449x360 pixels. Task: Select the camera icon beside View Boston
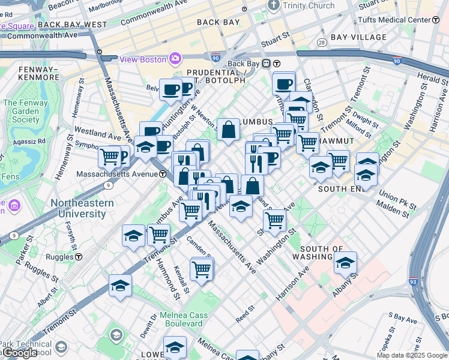(x=175, y=58)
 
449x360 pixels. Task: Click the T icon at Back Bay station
(x=277, y=64)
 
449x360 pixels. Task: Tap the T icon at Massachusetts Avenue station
(x=163, y=174)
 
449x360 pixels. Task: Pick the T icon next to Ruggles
(x=79, y=256)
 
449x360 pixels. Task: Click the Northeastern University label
(x=82, y=208)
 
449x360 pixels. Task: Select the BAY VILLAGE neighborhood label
(x=358, y=37)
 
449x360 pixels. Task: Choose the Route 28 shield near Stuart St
(x=322, y=42)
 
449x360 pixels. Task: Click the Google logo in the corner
(x=20, y=353)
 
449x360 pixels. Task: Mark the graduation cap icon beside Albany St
(x=345, y=262)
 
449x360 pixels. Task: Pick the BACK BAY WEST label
(x=72, y=25)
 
